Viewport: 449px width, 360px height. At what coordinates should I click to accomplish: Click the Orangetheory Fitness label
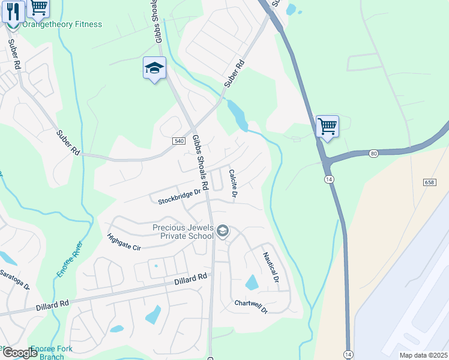click(62, 25)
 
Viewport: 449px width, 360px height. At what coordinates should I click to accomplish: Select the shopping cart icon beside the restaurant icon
click(38, 7)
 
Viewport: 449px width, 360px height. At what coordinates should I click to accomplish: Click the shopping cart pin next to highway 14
click(327, 127)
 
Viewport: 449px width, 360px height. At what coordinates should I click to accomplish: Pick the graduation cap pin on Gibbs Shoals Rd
click(154, 68)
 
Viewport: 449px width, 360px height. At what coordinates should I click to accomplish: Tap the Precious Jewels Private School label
click(183, 232)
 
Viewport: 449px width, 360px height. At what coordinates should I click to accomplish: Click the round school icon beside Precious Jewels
click(223, 231)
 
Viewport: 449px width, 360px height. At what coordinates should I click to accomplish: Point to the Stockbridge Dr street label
click(179, 197)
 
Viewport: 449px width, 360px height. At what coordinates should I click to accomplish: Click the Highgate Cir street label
click(123, 243)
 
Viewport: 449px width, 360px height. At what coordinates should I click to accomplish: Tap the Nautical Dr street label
click(270, 267)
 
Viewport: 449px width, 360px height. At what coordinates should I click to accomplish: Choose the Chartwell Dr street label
click(251, 306)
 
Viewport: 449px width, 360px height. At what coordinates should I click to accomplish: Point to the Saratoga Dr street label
click(13, 280)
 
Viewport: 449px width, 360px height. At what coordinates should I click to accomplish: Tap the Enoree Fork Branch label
click(50, 352)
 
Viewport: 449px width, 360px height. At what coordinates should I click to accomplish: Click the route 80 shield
click(374, 154)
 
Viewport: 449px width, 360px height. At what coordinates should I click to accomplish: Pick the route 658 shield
click(429, 182)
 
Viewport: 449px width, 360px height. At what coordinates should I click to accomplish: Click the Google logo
click(19, 353)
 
